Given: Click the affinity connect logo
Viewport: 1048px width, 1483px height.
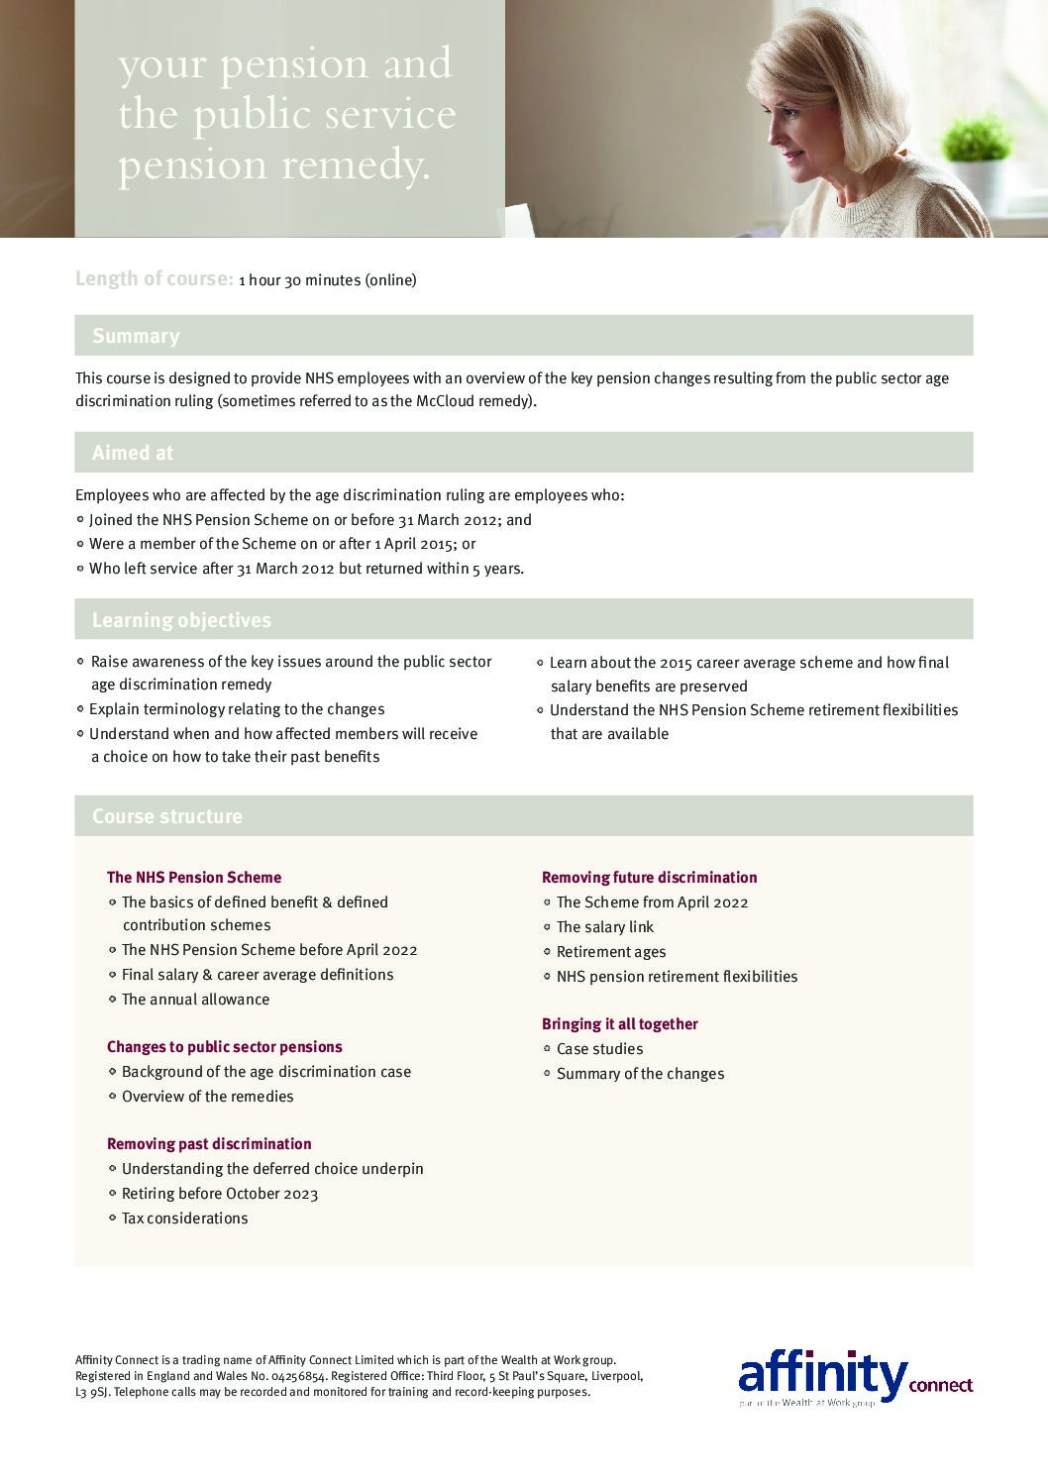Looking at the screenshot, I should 855,1377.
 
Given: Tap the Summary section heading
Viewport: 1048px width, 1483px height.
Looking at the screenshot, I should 136,336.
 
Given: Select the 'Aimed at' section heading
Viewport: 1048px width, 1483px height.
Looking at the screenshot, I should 133,453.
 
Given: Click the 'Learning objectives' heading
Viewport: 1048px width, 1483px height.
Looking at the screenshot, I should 181,620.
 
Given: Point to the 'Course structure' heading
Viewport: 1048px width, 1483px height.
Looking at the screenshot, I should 166,816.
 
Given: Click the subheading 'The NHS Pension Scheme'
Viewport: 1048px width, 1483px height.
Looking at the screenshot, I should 194,878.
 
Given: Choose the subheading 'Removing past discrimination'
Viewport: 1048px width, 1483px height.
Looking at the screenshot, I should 209,1144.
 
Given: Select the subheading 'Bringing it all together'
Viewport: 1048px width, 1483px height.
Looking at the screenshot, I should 620,1024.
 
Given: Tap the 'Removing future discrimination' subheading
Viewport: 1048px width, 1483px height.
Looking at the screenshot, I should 649,878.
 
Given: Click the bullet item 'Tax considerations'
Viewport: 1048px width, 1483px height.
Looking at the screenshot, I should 185,1218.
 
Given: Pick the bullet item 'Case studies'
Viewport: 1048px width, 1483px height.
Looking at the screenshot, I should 599,1049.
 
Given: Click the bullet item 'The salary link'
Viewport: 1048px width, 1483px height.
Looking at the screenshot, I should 605,927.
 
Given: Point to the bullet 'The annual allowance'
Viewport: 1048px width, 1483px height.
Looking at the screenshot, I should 195,1000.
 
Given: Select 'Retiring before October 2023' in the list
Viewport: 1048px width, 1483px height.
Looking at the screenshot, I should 220,1194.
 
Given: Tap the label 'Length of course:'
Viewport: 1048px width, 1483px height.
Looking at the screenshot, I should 154,279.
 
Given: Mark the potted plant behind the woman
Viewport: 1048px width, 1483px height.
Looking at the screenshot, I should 977,144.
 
